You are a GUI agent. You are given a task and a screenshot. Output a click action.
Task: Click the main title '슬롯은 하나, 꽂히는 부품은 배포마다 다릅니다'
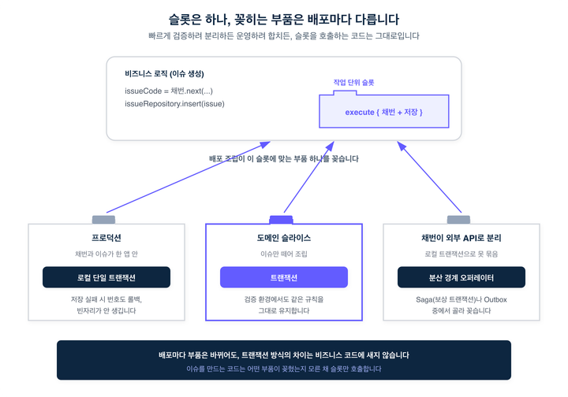point(284,19)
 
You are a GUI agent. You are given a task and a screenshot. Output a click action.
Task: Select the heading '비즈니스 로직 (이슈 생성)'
point(164,74)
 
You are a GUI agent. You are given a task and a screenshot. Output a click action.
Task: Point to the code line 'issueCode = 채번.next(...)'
point(169,91)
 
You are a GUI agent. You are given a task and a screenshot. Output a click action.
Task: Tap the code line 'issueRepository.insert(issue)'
point(174,104)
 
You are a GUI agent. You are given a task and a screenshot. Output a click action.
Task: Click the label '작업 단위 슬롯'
point(353,83)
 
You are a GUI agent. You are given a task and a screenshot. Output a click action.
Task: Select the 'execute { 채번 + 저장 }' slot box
point(384,111)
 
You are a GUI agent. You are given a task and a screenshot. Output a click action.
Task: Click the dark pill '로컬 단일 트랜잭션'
point(106,277)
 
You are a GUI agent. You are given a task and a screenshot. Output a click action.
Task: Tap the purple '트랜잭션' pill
point(284,277)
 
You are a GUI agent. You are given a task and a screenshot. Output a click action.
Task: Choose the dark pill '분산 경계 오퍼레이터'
point(461,277)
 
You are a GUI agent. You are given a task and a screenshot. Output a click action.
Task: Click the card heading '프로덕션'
point(106,238)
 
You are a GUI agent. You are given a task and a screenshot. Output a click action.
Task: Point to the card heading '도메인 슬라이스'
point(284,238)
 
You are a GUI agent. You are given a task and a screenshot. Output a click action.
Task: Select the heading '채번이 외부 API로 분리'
point(461,238)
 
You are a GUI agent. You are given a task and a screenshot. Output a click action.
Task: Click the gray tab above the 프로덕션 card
point(103,220)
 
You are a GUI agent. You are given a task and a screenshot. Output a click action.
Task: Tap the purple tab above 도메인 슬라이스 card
point(281,220)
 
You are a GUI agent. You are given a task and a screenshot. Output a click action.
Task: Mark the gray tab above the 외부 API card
point(458,220)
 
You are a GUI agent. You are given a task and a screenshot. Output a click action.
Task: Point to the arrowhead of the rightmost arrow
point(401,146)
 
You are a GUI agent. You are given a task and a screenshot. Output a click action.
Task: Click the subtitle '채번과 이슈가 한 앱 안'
point(106,254)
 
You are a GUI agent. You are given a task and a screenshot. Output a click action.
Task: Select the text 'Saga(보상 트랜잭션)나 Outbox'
point(461,299)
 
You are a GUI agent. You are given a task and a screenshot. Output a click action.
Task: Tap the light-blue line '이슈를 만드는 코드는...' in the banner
point(284,369)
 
